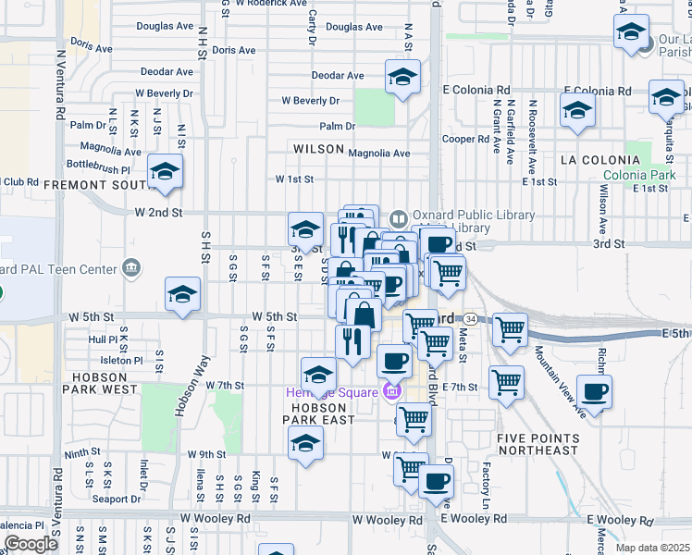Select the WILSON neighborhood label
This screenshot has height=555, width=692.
[318, 149]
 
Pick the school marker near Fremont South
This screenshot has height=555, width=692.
[165, 172]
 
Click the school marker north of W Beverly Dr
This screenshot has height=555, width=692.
[402, 79]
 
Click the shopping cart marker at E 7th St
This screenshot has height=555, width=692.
[506, 381]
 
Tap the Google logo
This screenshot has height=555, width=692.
[31, 544]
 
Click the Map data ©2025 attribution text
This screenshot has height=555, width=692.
[653, 548]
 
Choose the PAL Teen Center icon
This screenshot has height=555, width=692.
[130, 270]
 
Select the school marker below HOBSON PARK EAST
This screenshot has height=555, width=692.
[305, 443]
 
